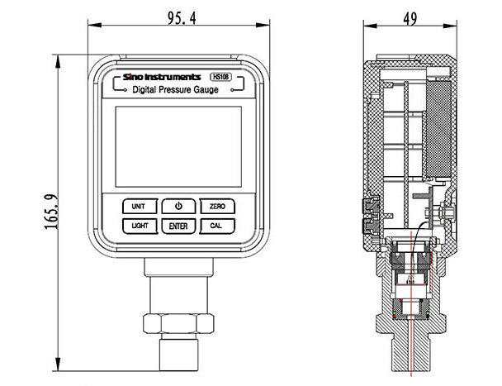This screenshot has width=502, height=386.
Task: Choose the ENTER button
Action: pyautogui.click(x=178, y=226)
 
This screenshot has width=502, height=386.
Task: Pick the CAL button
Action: pyautogui.click(x=217, y=226)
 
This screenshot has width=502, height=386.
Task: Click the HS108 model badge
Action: pyautogui.click(x=220, y=75)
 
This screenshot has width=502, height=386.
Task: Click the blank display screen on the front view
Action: pyautogui.click(x=178, y=145)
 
